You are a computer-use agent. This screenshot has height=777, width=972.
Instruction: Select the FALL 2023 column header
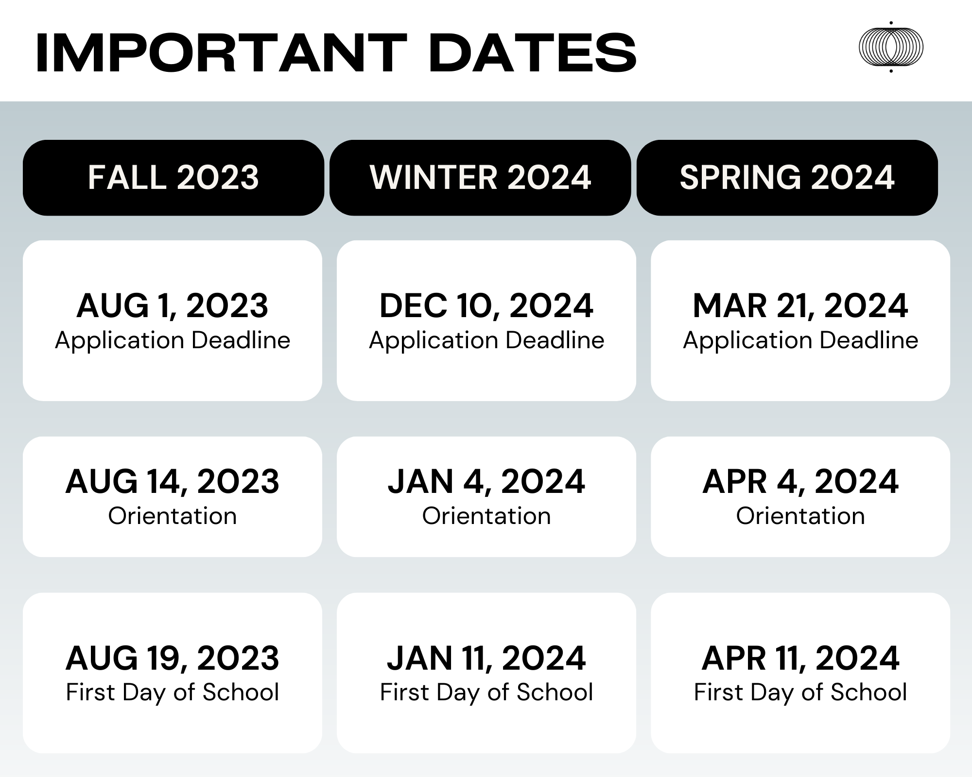coord(174,178)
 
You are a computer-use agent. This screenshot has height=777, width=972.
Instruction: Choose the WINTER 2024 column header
coord(480,178)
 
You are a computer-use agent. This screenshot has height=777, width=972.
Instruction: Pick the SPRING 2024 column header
coord(787,178)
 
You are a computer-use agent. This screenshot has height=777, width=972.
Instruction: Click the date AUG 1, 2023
coord(173,306)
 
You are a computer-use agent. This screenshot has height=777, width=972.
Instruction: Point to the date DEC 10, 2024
coord(486,306)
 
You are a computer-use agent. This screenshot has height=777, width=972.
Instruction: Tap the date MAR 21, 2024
coord(800,306)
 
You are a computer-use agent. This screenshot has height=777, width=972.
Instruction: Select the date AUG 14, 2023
coord(173,482)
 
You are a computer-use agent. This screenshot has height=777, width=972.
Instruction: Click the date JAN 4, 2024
coord(486,482)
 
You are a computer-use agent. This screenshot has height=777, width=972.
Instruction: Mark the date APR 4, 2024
coord(800,482)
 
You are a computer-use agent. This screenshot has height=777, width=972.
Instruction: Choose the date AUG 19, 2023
coord(173,659)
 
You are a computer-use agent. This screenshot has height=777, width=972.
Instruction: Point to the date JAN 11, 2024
coord(486,659)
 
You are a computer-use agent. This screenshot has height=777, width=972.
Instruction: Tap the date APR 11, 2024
coord(800,659)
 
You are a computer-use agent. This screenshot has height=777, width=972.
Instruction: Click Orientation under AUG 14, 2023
coord(173,516)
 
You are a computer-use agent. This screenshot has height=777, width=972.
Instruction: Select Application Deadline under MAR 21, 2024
coord(800,340)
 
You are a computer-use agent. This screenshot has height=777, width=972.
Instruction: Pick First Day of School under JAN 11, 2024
coord(486,693)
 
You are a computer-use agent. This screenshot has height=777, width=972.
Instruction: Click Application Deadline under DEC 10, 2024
coord(486,340)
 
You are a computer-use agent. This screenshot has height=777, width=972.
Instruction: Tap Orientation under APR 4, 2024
coord(800,516)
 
